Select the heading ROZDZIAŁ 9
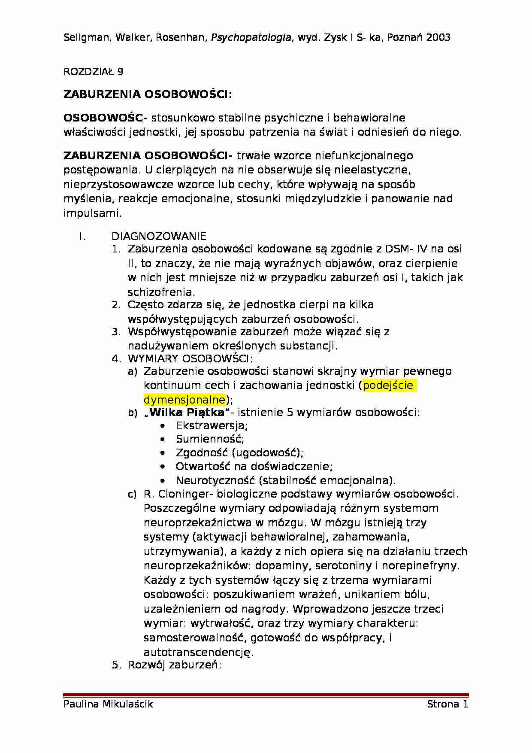(x=94, y=72)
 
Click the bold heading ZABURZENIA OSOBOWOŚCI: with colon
(x=148, y=94)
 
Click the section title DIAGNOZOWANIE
(x=159, y=236)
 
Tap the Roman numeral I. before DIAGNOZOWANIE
(x=83, y=236)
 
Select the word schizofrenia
(x=161, y=292)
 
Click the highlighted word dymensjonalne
(x=184, y=400)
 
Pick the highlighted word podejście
(x=388, y=385)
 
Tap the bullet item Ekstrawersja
(x=212, y=426)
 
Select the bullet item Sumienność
(x=210, y=439)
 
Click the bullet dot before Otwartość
(x=162, y=467)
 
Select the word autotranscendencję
(x=198, y=653)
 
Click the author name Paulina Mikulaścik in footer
(x=108, y=704)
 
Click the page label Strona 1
(x=447, y=704)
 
